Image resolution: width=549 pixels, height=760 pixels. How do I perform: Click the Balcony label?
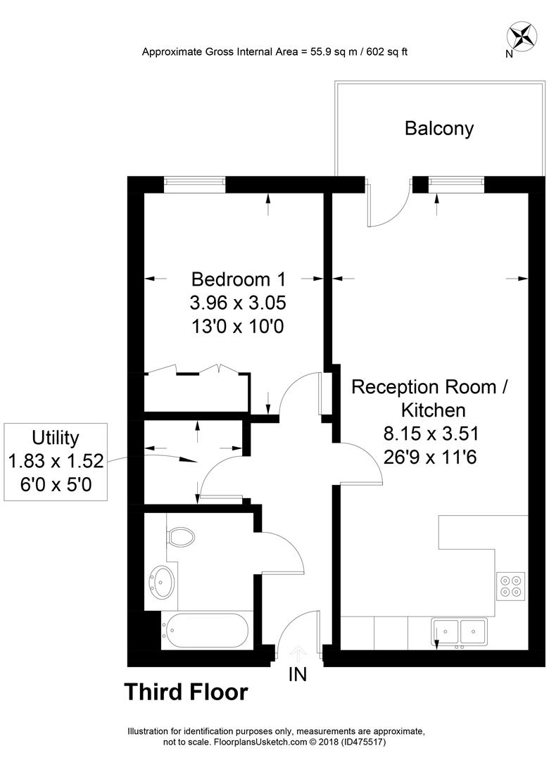[x=439, y=129]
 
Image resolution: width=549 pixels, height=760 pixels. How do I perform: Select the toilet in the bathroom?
[x=180, y=536]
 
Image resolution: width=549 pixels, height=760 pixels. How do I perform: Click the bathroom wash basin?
[x=161, y=582]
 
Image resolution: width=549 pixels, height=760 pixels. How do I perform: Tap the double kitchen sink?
[x=459, y=632]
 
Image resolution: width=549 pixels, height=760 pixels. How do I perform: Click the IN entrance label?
[x=298, y=674]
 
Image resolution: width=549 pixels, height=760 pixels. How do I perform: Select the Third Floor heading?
[x=187, y=692]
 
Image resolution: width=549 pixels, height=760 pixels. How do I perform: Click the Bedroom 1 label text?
[x=238, y=279]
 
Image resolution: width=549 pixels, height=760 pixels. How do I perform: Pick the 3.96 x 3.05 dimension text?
[x=238, y=303]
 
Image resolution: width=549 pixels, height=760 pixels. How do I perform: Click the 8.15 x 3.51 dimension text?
[x=431, y=433]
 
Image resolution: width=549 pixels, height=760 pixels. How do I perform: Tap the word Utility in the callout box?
[x=56, y=438]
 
